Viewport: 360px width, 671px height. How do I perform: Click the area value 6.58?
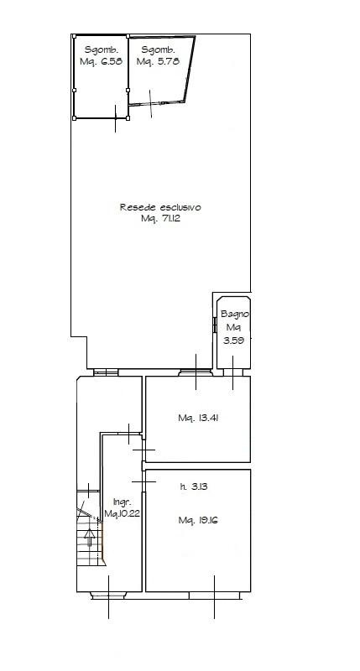point(110,61)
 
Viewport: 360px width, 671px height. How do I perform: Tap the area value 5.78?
point(167,61)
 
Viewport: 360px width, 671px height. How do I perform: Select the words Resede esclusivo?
point(160,207)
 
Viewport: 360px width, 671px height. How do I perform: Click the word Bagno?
point(235,314)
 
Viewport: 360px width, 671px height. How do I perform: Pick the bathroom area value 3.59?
point(234,341)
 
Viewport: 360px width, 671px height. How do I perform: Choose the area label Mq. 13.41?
point(198,418)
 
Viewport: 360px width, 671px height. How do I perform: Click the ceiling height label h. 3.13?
point(194,486)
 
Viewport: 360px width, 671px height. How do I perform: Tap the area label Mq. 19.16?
point(198,520)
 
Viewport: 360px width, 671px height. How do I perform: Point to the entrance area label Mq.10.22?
point(123,513)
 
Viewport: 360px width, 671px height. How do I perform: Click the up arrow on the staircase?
point(90,537)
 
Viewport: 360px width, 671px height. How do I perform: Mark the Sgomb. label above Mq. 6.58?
point(101,49)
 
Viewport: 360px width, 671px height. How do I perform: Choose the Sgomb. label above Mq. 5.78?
point(158,49)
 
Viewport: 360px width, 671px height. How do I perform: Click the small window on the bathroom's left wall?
point(215,325)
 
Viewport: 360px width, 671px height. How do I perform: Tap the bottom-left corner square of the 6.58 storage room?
point(74,118)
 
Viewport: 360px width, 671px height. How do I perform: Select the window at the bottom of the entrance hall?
point(108,595)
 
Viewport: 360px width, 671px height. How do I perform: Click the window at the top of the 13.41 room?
point(196,372)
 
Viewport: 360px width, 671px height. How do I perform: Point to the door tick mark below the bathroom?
point(232,372)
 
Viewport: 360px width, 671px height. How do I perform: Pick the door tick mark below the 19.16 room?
point(215,597)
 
